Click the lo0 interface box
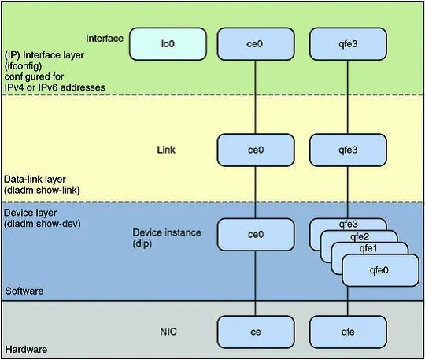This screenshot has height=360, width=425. (x=168, y=44)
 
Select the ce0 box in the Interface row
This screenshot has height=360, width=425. (x=256, y=44)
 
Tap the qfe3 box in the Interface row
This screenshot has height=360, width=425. (x=348, y=44)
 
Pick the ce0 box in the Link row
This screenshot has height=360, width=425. (x=256, y=150)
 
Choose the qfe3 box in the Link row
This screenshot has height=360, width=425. (x=348, y=150)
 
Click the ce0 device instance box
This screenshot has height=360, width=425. (x=256, y=235)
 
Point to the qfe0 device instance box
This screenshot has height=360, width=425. (x=380, y=270)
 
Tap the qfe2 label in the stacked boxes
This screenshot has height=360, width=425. (x=360, y=237)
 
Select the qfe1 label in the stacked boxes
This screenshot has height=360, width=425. (x=368, y=248)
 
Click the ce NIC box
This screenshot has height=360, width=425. (x=256, y=332)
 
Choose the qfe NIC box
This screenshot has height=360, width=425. (x=348, y=332)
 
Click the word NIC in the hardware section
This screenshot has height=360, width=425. (x=168, y=332)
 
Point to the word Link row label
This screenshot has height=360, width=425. (x=166, y=150)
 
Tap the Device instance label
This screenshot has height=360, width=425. (x=167, y=238)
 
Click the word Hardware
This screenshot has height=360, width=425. (x=26, y=350)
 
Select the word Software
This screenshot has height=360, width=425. (x=24, y=291)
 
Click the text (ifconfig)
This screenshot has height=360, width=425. (x=23, y=66)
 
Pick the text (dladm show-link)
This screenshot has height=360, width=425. (x=42, y=191)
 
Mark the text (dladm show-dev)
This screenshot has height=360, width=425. (x=42, y=224)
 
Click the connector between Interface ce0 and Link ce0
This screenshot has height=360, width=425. (x=255, y=97)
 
